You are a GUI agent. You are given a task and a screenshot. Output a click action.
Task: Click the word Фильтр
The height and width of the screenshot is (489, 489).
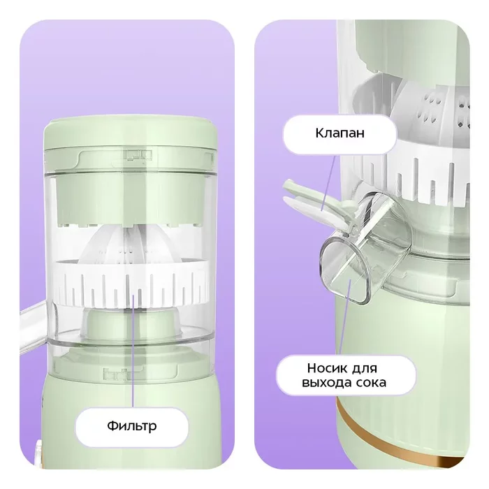pos(132,426)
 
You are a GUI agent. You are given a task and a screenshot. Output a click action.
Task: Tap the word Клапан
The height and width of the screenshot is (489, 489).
pos(340,133)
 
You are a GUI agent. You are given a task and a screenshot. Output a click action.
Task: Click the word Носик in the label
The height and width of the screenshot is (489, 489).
pos(326,368)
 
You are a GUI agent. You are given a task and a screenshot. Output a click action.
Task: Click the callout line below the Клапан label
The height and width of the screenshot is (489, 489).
pos(328,183)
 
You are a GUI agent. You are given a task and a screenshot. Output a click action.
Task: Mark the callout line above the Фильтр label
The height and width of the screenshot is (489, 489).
pos(133,350)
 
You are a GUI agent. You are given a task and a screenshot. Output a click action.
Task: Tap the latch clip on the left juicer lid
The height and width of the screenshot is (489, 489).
pos(138,155)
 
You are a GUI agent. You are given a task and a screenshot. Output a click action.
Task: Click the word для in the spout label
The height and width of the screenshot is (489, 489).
pos(364,369)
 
